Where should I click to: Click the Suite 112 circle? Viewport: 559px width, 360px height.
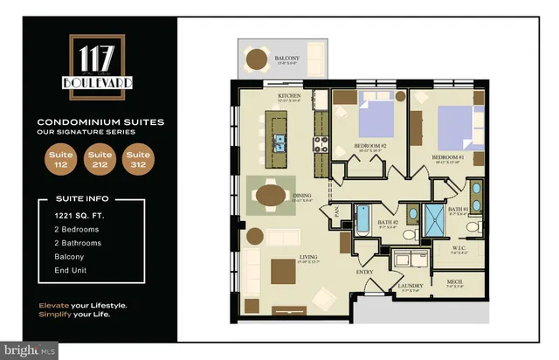61,161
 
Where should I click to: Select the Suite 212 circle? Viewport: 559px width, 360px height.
100,161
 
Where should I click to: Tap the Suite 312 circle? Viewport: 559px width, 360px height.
138,161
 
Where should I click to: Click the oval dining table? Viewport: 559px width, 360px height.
273,193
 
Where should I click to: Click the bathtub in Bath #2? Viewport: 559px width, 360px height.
364,218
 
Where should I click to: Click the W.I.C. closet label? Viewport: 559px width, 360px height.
459,247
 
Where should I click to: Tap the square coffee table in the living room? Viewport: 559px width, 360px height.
284,272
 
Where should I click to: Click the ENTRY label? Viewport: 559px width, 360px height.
363,272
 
